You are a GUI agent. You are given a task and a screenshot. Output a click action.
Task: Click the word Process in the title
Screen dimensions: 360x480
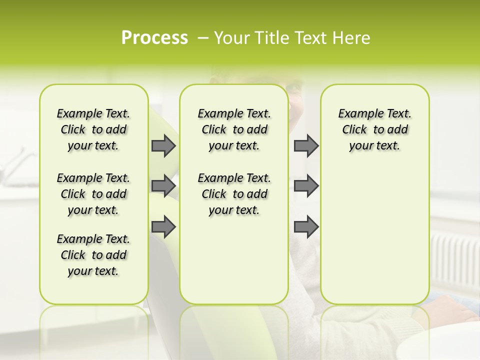click(154, 38)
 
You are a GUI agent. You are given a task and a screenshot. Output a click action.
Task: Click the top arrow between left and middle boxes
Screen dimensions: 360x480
click(163, 145)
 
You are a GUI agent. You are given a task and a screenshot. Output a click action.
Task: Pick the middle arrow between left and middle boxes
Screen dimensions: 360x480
click(163, 186)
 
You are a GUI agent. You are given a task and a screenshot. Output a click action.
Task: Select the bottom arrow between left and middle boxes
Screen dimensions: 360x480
click(163, 227)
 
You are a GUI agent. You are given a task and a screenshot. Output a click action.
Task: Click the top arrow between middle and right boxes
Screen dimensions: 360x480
click(306, 145)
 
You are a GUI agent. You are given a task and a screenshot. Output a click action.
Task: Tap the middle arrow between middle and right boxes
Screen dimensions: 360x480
click(306, 186)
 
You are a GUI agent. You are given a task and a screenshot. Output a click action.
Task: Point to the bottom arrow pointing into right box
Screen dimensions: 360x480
click(306, 227)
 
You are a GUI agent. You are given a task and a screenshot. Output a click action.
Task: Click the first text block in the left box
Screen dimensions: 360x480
click(93, 129)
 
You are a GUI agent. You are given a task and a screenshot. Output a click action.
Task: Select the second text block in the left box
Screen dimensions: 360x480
click(93, 194)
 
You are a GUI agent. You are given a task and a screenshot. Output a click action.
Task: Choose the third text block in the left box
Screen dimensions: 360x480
click(93, 255)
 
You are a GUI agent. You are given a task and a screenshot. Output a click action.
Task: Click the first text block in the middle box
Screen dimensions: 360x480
click(234, 129)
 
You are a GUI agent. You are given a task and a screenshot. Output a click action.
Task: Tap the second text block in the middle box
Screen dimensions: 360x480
click(234, 194)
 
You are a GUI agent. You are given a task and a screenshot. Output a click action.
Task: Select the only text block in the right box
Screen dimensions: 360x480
click(374, 129)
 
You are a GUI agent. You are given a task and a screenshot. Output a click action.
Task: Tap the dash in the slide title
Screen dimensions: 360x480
click(203, 38)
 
